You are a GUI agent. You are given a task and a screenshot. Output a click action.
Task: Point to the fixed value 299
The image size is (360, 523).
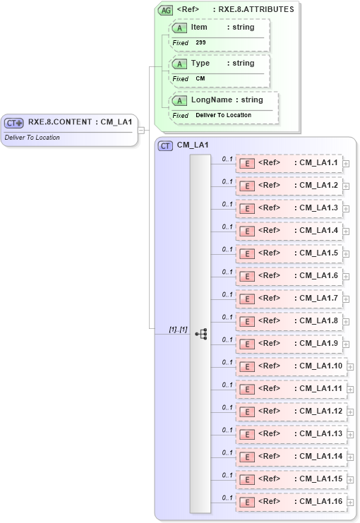pyautogui.click(x=201, y=42)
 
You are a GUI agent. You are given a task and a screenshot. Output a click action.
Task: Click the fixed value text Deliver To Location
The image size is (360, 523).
pyautogui.click(x=223, y=115)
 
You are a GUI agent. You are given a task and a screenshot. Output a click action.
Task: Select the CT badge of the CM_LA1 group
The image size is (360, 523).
pyautogui.click(x=166, y=145)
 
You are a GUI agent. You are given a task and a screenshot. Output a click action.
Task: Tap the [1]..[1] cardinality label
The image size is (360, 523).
pyautogui.click(x=178, y=330)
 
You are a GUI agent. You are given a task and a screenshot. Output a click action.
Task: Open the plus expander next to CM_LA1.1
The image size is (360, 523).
pyautogui.click(x=346, y=164)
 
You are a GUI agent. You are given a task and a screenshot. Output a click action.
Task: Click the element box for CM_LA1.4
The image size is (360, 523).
pyautogui.click(x=289, y=231)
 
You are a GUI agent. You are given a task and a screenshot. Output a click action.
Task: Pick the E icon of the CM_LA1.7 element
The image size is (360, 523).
pyautogui.click(x=247, y=299)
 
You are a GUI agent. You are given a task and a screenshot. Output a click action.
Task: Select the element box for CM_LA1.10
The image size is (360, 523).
pyautogui.click(x=292, y=366)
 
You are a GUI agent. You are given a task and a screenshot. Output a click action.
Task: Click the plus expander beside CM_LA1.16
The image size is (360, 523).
pyautogui.click(x=350, y=503)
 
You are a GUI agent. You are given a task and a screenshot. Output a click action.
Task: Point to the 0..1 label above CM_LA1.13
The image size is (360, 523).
pyautogui.click(x=227, y=430)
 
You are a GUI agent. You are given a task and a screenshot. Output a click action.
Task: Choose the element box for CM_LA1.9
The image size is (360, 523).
pyautogui.click(x=289, y=344)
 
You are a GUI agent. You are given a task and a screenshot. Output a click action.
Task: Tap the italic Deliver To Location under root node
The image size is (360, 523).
pyautogui.click(x=32, y=138)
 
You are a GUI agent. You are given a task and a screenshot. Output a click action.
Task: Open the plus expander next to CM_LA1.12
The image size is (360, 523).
pyautogui.click(x=350, y=412)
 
